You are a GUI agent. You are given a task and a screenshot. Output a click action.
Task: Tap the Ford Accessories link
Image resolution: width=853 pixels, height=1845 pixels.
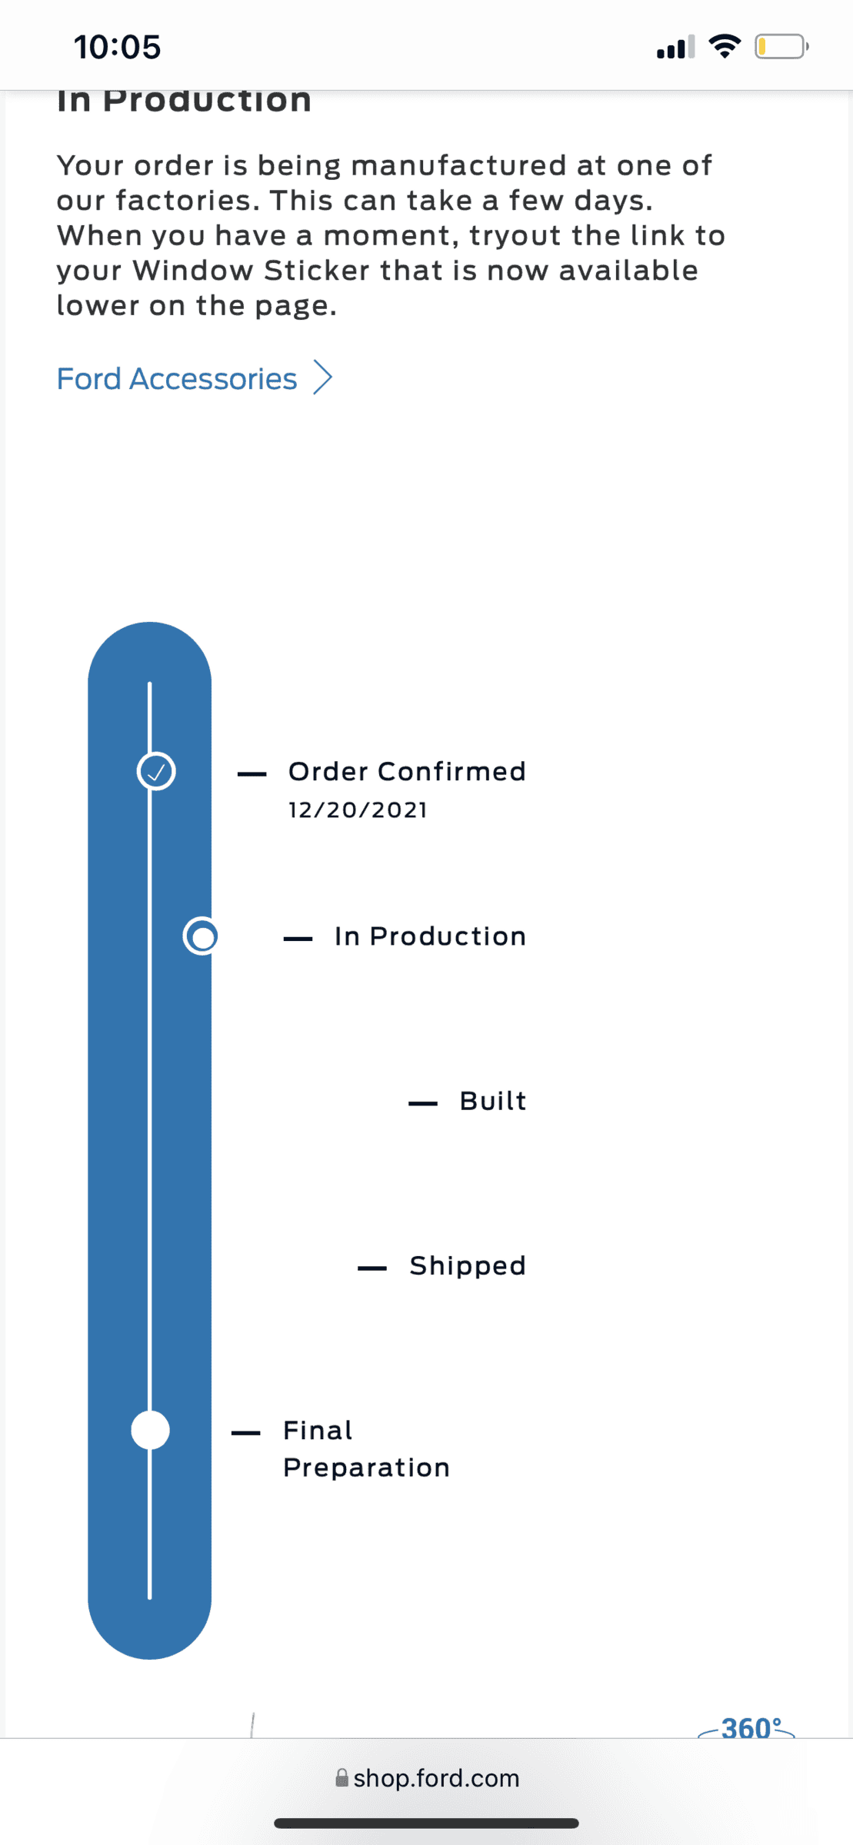coord(177,379)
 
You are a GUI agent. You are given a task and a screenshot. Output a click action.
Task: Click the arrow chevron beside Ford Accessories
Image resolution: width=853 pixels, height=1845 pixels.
coord(323,378)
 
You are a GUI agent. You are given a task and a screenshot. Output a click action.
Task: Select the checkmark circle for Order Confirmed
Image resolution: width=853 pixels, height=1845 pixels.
coord(156,771)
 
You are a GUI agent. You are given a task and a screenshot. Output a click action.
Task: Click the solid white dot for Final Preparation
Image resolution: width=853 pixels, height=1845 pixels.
coord(150,1431)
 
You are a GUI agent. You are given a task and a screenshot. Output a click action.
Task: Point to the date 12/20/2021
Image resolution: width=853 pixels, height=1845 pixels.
coord(358,810)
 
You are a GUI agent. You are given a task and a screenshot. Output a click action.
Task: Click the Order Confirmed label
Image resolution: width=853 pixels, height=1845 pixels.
coord(407,772)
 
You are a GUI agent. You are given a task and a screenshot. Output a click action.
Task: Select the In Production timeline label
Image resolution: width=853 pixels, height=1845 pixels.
coord(430,936)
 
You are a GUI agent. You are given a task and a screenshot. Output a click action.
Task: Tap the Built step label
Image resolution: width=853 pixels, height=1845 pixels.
coord(493,1101)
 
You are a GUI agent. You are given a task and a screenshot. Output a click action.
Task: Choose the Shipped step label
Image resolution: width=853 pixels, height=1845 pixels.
coord(468,1266)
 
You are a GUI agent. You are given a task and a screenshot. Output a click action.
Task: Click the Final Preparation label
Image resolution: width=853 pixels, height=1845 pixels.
coord(366,1449)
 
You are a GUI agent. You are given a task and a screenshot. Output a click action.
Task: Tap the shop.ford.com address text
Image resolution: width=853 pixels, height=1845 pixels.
coord(436,1778)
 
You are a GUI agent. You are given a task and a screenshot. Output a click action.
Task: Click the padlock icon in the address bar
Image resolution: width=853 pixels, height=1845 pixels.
coord(342,1777)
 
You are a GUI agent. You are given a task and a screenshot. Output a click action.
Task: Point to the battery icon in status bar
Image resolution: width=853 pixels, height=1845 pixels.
coord(781,47)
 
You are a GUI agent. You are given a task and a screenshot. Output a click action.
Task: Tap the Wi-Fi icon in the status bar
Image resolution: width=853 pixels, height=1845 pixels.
coord(725,46)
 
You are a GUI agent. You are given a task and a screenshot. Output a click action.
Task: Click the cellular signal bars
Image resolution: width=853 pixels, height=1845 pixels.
coord(676,47)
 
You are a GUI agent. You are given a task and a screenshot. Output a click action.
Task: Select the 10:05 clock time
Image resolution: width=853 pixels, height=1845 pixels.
coord(118,47)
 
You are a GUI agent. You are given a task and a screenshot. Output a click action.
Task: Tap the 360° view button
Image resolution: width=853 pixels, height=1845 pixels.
coord(747,1727)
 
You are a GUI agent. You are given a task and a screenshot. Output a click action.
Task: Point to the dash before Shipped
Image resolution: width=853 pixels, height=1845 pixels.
coord(372,1268)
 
